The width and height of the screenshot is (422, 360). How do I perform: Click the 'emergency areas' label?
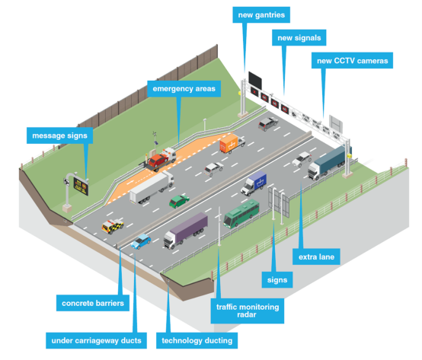coord(183,89)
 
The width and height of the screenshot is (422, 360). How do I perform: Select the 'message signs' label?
coord(60,135)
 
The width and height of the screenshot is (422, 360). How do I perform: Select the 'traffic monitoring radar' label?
coord(246,311)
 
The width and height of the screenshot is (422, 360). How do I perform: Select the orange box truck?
coord(231,144)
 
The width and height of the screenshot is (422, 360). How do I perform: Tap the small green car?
coord(179,200)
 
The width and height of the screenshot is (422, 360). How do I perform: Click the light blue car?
coord(141,242)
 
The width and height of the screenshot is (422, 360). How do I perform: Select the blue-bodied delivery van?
coord(254,183)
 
